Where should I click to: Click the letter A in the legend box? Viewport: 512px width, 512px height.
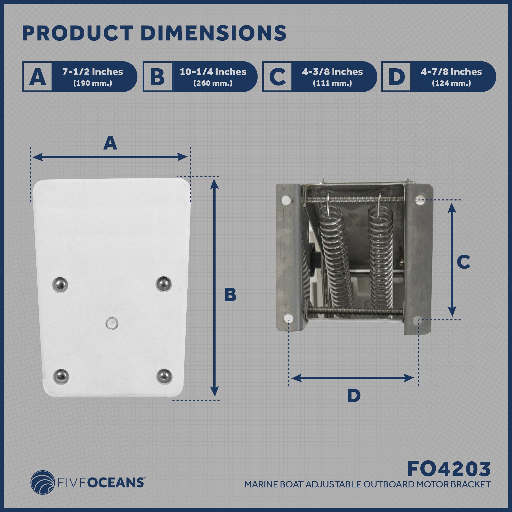click(x=37, y=77)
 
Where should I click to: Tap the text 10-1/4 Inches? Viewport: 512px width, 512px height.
click(x=213, y=72)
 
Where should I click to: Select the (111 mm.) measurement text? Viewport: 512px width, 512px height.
click(x=332, y=83)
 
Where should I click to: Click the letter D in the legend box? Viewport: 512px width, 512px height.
click(x=396, y=77)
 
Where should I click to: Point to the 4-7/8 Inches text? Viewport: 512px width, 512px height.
click(x=451, y=72)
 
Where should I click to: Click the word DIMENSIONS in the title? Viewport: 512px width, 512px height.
click(x=215, y=33)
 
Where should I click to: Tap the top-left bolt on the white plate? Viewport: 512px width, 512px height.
click(x=60, y=285)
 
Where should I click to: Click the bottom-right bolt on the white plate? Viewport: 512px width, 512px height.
click(x=164, y=377)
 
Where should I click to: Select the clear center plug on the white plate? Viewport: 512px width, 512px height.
click(x=112, y=323)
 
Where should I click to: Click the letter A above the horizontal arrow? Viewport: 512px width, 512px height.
click(x=110, y=143)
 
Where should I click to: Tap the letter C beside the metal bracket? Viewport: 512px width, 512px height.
click(x=464, y=262)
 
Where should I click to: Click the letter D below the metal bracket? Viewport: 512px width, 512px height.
click(x=354, y=396)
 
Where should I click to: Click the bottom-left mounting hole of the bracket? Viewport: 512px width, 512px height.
click(x=288, y=318)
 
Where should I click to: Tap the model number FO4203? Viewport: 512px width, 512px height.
click(x=449, y=469)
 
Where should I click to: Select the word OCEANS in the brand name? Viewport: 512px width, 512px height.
click(x=115, y=483)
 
